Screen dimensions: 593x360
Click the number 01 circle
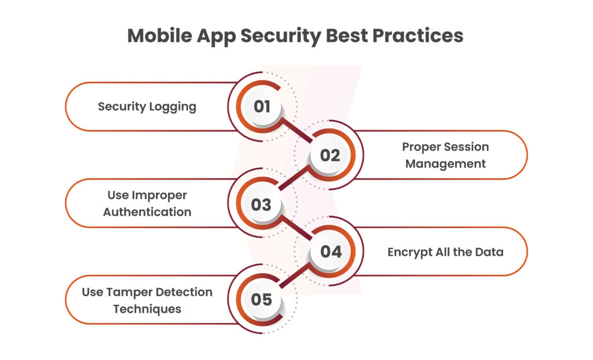(262, 106)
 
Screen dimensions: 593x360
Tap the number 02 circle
(330, 155)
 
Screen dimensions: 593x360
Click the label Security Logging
(147, 106)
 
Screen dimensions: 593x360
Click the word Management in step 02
(445, 164)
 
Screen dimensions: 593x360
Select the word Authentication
(147, 212)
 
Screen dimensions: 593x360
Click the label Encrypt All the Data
(445, 252)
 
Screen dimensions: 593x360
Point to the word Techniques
(147, 309)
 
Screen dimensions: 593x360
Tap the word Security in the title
(281, 36)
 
